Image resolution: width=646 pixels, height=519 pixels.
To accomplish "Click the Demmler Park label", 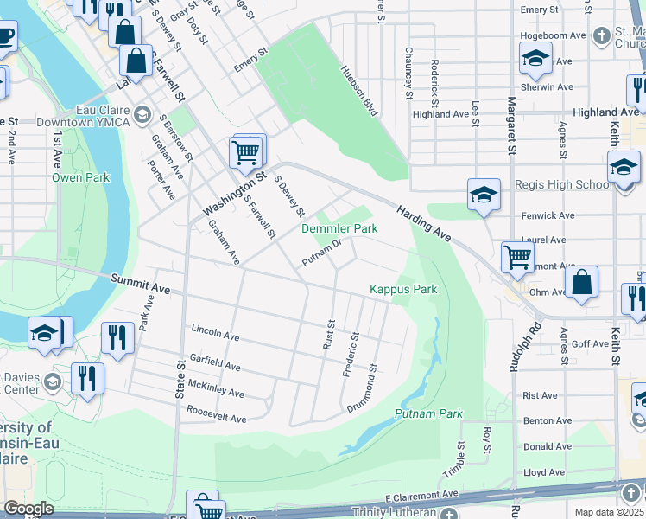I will pyautogui.click(x=339, y=229).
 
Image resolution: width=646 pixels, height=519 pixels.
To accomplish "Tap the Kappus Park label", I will pyautogui.click(x=403, y=289).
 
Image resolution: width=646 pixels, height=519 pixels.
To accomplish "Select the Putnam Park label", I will pyautogui.click(x=428, y=414).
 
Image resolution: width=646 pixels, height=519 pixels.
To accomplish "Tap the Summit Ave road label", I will pyautogui.click(x=140, y=282).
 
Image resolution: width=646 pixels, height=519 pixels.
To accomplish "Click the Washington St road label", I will pyautogui.click(x=235, y=196).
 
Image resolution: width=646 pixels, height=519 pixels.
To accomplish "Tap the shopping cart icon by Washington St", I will pyautogui.click(x=247, y=152).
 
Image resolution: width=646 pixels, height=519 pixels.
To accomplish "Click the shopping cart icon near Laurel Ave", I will pyautogui.click(x=517, y=255).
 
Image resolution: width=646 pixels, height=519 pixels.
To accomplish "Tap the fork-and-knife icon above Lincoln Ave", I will pyautogui.click(x=117, y=336).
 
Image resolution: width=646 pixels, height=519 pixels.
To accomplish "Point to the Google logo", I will pyautogui.click(x=28, y=509).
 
